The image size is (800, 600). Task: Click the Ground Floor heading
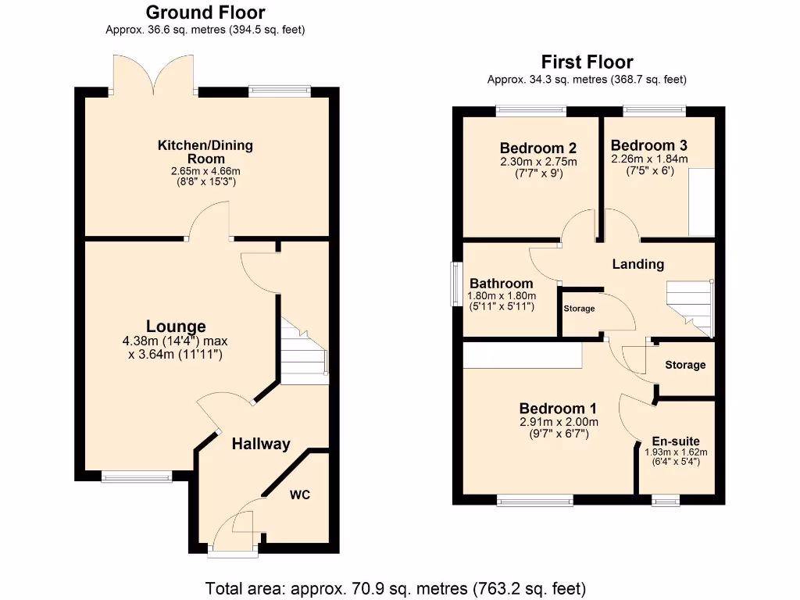tap(205, 12)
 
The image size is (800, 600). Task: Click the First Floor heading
tap(587, 62)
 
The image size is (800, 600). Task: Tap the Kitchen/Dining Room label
tap(205, 152)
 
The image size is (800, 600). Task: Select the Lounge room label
tap(176, 326)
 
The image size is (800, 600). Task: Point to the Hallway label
tap(261, 444)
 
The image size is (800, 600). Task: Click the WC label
tap(300, 495)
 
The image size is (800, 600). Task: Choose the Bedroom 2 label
tap(538, 148)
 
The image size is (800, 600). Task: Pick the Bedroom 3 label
tap(649, 145)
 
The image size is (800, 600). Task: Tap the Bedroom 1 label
tap(558, 408)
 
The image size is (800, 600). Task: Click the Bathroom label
tap(502, 284)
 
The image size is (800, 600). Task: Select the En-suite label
tap(676, 441)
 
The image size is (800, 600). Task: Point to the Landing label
tap(637, 264)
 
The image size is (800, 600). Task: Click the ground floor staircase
tap(304, 353)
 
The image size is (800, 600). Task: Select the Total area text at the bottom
tap(395, 587)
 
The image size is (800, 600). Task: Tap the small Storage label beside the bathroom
tap(579, 309)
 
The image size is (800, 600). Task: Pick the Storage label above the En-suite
tap(685, 365)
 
